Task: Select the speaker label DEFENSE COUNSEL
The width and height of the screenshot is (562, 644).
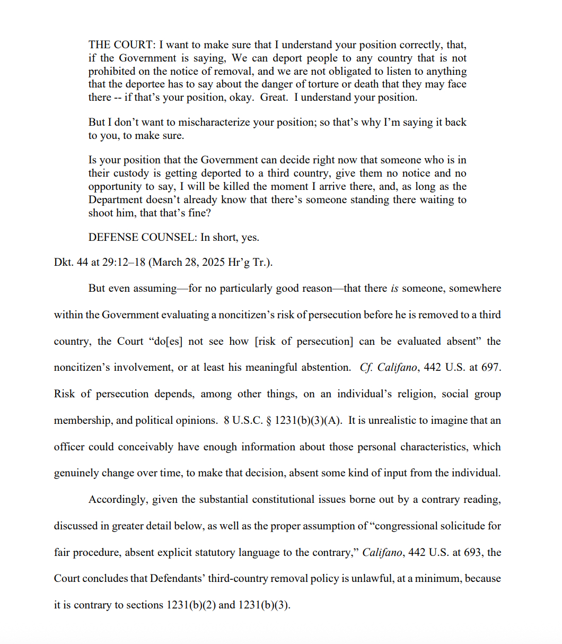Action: tap(142, 237)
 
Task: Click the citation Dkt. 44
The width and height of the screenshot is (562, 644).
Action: tap(71, 263)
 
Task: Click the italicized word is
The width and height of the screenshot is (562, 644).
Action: tap(394, 289)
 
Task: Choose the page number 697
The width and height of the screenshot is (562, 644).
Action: tap(489, 368)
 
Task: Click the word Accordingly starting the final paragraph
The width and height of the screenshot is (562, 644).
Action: tap(118, 500)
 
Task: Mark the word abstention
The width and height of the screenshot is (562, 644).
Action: tap(323, 368)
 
